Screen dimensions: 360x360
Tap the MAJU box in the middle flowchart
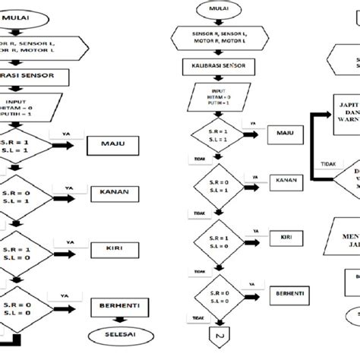coord(284,134)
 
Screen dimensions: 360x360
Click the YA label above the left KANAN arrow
coord(69,185)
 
